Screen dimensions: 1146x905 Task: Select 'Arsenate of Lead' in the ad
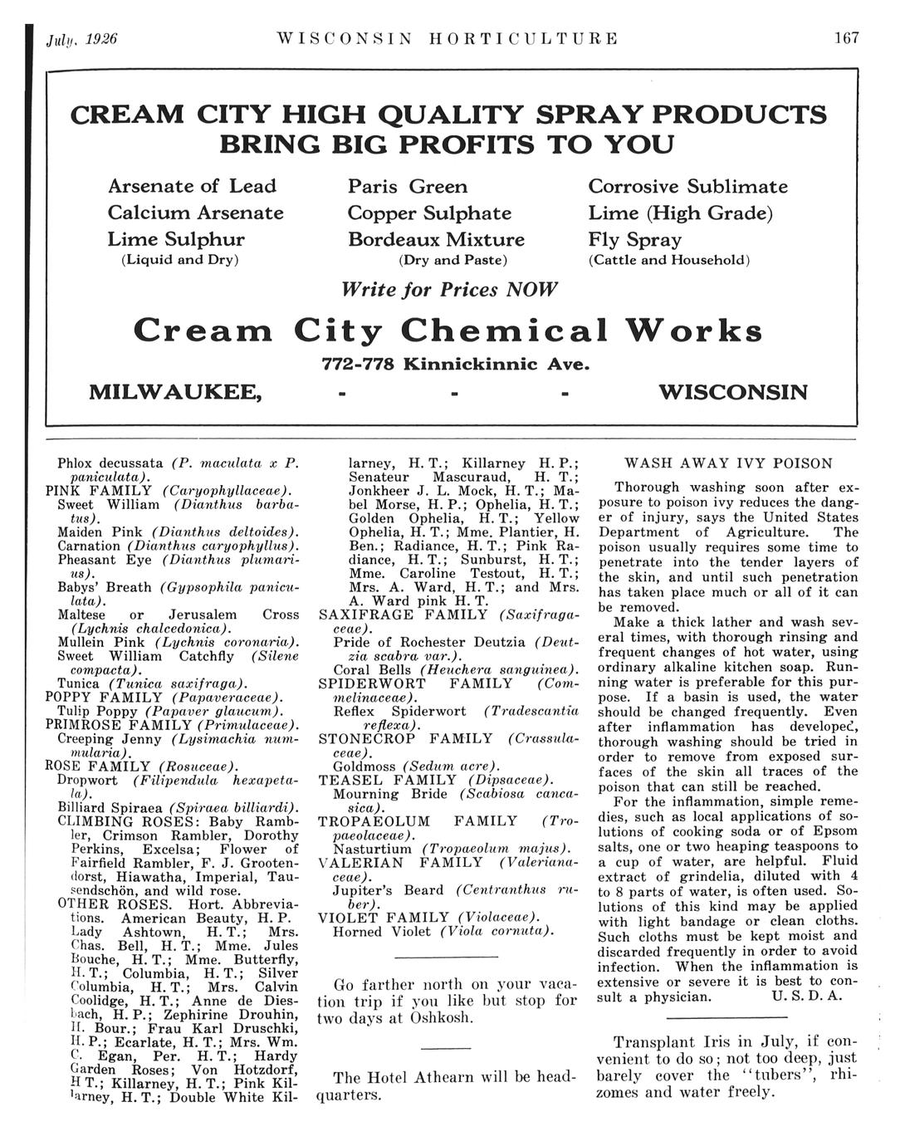click(x=192, y=186)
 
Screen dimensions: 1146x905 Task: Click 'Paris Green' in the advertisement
click(x=407, y=186)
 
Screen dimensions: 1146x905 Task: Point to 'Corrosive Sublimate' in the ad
click(x=687, y=186)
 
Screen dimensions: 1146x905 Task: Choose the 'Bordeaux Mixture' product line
click(x=436, y=240)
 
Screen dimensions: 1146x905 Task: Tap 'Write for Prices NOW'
click(x=449, y=290)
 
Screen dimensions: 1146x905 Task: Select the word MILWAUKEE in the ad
click(x=175, y=391)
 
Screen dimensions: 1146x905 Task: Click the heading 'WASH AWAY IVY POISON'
click(x=727, y=463)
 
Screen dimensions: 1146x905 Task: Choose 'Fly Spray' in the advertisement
click(x=634, y=240)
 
